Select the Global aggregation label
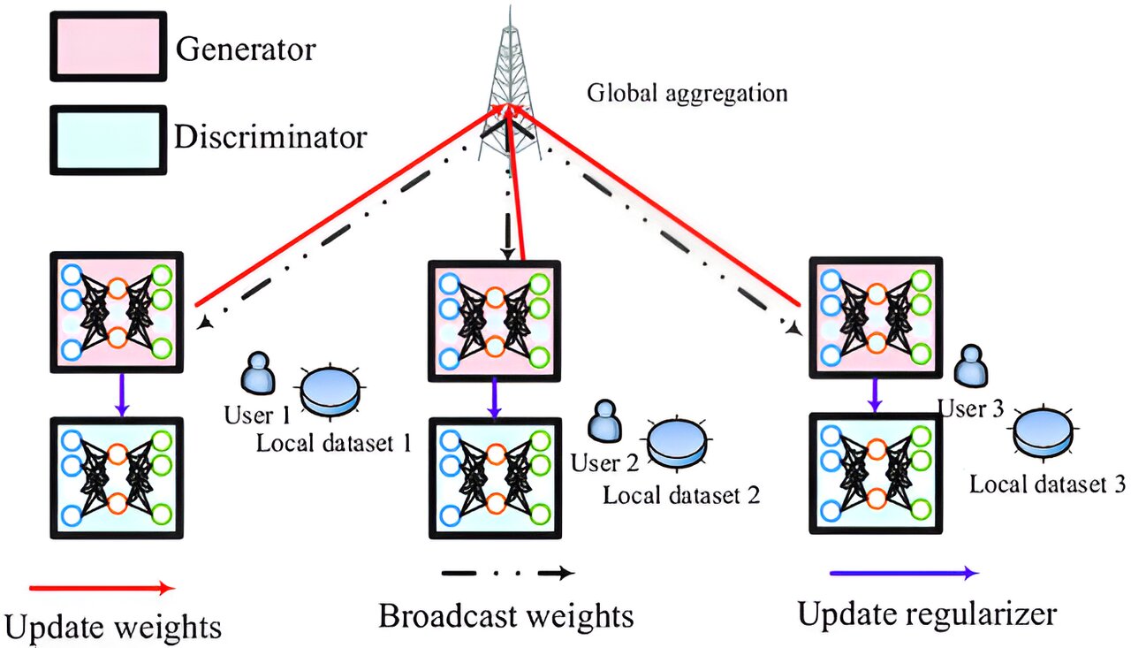687,92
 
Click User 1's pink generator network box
118,310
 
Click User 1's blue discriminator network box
118,477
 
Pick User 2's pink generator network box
495,318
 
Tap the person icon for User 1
257,374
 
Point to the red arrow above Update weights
102,587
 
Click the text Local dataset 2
681,493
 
